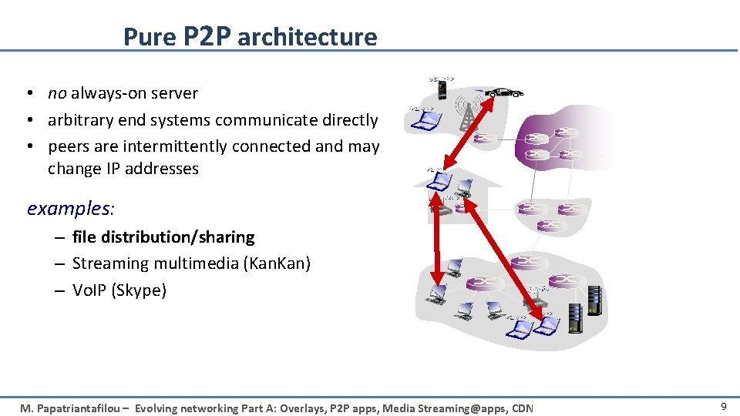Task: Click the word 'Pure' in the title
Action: point(150,37)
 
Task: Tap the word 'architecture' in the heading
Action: point(307,37)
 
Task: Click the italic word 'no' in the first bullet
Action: point(57,93)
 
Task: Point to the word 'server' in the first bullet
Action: point(174,93)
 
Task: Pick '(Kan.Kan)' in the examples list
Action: point(277,263)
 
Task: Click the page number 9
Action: point(723,406)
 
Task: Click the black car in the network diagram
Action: point(505,92)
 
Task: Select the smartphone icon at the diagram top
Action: point(442,90)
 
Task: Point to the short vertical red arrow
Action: point(436,241)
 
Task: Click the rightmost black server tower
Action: point(594,300)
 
